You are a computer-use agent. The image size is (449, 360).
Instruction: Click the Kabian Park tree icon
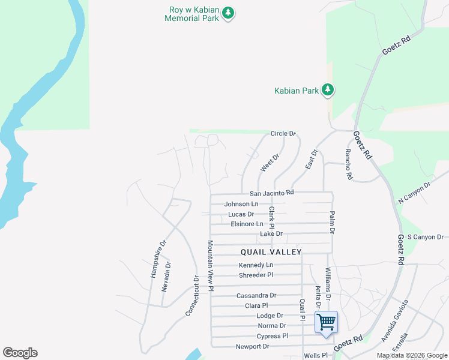[327, 90]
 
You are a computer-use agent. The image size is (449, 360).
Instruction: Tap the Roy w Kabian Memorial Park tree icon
[228, 12]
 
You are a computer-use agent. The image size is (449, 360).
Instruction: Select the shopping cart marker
[326, 322]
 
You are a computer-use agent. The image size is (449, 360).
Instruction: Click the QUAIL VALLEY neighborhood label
[271, 252]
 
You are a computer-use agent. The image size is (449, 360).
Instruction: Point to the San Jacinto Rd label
[271, 193]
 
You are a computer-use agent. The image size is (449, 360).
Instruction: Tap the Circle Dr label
[283, 133]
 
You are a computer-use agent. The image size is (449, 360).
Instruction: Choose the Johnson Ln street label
[241, 204]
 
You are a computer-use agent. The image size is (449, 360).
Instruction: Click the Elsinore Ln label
[247, 224]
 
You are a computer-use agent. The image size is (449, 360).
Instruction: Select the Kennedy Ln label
[256, 265]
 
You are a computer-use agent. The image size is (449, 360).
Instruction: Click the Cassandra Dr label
[256, 295]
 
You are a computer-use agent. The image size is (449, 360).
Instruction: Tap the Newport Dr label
[253, 346]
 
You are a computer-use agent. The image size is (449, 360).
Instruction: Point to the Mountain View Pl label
[211, 266]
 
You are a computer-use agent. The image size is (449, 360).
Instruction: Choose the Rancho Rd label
[348, 164]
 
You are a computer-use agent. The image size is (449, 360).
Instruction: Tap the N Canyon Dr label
[415, 193]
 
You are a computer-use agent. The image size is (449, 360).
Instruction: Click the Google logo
[20, 353]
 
